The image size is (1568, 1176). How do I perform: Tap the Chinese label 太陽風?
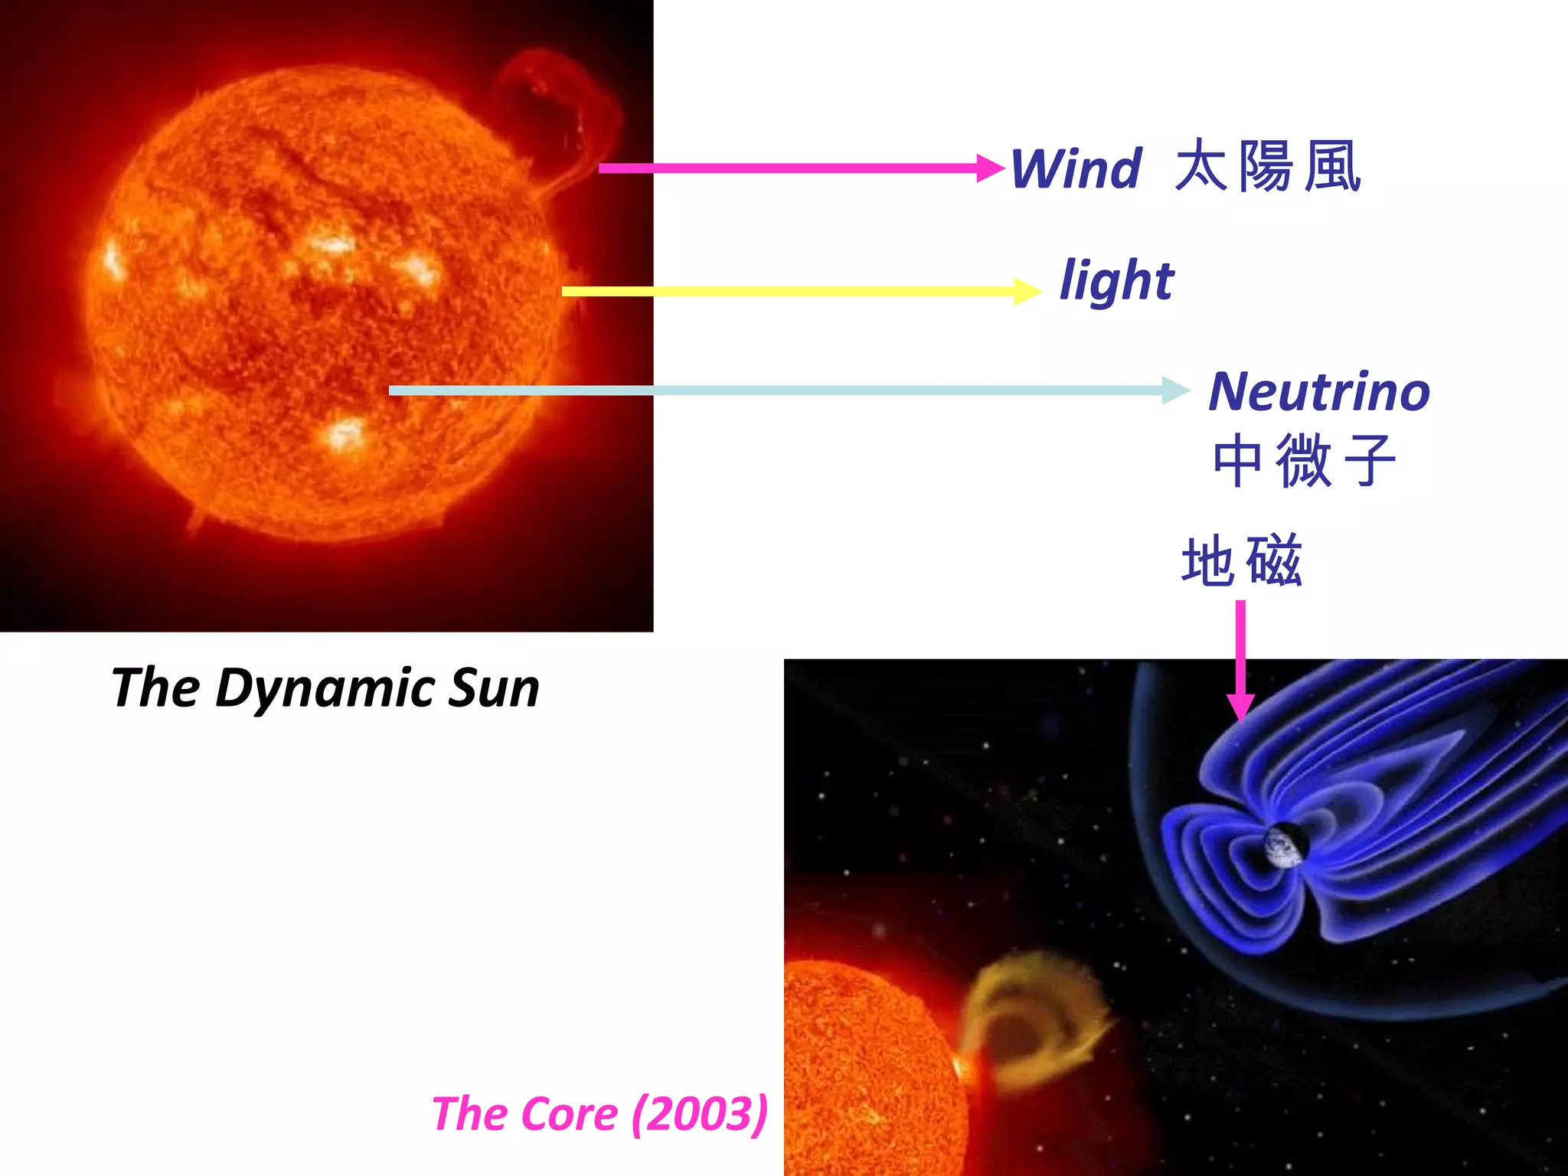1267,166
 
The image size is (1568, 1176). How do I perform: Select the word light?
1116,281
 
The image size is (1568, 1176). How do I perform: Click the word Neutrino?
1318,391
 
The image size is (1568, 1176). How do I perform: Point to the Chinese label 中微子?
1304,460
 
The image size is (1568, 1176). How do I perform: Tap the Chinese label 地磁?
1241,561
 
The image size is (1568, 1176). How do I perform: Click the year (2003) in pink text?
699,1113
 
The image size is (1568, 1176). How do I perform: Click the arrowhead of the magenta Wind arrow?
991,168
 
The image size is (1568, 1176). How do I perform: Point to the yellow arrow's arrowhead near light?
1027,291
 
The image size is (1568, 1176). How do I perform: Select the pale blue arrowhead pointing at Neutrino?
1176,390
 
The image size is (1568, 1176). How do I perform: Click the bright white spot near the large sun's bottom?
345,435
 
